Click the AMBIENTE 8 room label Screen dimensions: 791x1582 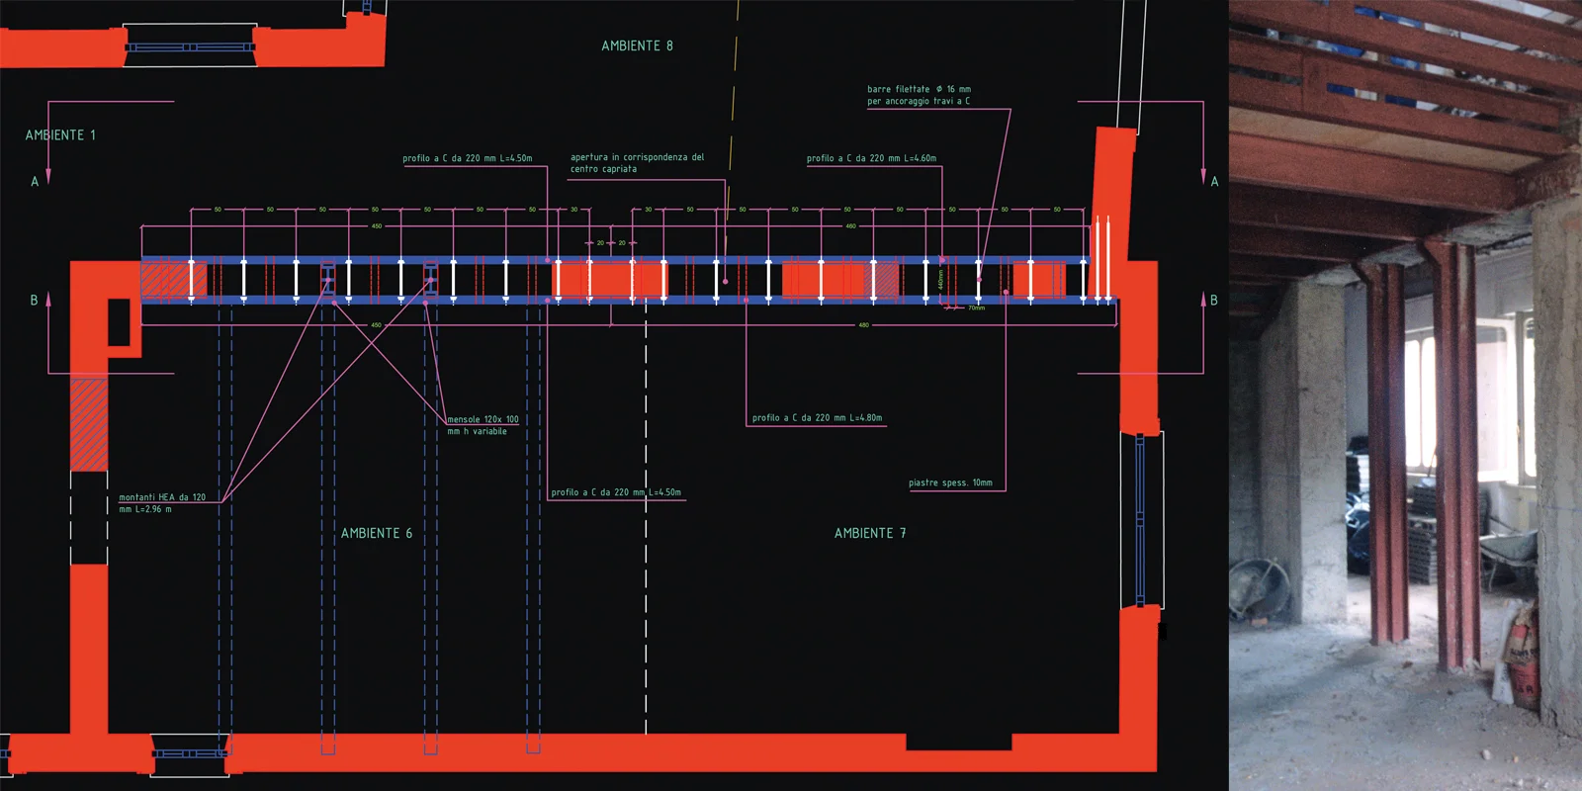click(637, 46)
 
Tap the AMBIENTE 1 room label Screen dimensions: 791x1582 click(60, 135)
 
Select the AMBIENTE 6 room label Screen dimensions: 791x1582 click(377, 533)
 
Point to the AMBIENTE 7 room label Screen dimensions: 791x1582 click(870, 533)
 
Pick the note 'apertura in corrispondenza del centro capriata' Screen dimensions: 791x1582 click(637, 163)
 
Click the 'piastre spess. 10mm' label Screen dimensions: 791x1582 click(950, 483)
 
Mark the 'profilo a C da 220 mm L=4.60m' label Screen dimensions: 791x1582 click(871, 158)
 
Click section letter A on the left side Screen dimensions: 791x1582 click(35, 182)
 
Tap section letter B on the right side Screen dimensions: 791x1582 click(1214, 301)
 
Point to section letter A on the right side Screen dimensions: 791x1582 click(1214, 182)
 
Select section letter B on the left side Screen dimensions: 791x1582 click(35, 301)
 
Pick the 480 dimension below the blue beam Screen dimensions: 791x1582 click(863, 325)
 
